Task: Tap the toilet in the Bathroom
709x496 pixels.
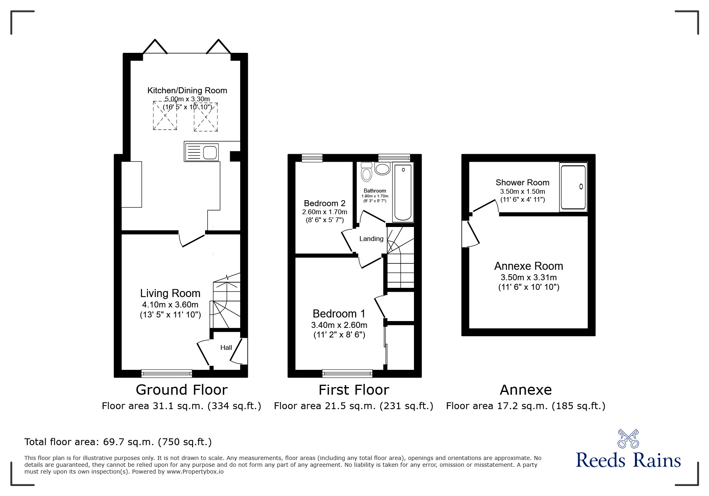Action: click(x=366, y=172)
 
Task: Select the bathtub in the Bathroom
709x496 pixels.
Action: click(x=403, y=192)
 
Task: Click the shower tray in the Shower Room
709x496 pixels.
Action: click(x=573, y=187)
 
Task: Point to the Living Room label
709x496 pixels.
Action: click(x=170, y=293)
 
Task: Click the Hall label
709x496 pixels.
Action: click(x=226, y=347)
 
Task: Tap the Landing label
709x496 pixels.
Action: click(x=371, y=239)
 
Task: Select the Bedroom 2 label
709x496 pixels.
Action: click(x=324, y=203)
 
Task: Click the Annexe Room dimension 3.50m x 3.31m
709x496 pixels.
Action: click(x=528, y=277)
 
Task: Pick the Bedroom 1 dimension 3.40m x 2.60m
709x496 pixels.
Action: click(x=339, y=325)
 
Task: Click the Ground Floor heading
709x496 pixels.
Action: click(x=181, y=390)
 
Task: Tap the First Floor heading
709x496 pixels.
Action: click(x=353, y=390)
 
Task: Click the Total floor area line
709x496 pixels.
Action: click(x=118, y=442)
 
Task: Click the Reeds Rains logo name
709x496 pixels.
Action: click(x=628, y=460)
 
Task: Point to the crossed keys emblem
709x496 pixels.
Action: click(x=628, y=438)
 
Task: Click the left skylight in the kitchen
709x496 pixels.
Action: click(x=165, y=115)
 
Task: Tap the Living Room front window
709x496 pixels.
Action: click(x=167, y=374)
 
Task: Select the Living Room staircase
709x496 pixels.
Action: click(x=227, y=304)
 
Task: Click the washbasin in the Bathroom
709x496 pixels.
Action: click(x=382, y=169)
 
